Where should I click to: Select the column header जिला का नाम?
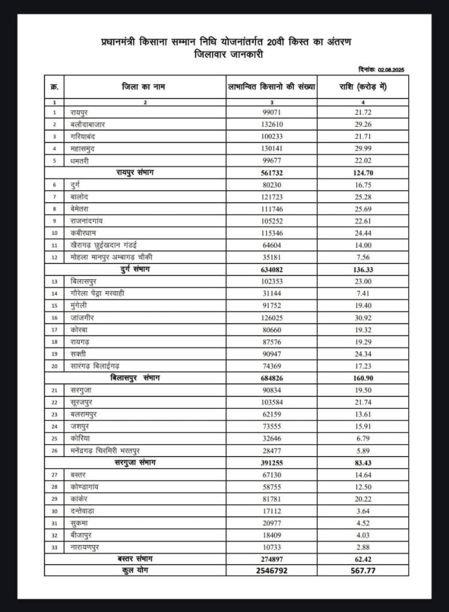tap(142, 87)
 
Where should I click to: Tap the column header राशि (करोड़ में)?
tap(360, 87)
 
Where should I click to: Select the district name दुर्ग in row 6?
tap(76, 185)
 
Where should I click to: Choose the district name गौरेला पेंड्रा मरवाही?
tap(105, 293)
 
